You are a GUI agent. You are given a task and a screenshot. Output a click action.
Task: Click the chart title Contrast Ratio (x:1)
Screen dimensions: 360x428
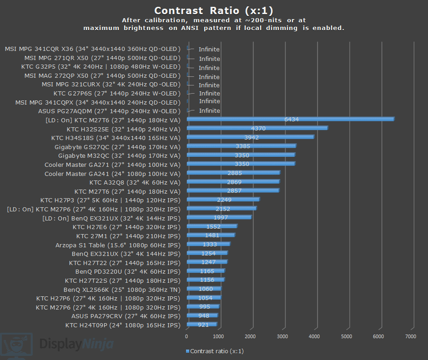point(214,10)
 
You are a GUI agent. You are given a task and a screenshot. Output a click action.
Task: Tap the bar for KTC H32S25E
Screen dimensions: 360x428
point(257,129)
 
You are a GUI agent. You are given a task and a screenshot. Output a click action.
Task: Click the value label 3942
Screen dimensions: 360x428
point(252,137)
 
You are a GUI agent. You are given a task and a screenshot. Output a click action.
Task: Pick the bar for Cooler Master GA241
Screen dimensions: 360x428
point(233,173)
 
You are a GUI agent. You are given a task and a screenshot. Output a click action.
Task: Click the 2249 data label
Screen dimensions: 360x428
point(224,200)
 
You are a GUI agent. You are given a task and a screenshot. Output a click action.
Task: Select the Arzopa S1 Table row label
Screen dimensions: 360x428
point(118,245)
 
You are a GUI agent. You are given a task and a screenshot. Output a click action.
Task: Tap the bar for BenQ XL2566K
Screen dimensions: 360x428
point(204,289)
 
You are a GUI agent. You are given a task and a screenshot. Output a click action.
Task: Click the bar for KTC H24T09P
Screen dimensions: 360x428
point(201,325)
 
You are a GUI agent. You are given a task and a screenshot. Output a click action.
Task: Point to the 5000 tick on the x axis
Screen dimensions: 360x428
point(347,336)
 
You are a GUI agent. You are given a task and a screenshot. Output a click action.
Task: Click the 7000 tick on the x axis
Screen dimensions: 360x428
point(411,336)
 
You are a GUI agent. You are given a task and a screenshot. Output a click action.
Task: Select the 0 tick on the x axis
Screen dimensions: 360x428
point(187,336)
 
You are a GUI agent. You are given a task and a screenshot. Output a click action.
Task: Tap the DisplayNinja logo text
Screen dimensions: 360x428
point(76,344)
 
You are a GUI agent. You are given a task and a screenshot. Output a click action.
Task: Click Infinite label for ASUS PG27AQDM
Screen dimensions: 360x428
point(209,110)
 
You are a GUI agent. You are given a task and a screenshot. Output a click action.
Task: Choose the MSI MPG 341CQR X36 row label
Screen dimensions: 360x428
point(93,49)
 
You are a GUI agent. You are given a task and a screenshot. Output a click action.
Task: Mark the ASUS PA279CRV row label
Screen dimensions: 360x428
point(126,316)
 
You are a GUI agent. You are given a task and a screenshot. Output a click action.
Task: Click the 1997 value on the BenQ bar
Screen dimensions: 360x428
point(221,218)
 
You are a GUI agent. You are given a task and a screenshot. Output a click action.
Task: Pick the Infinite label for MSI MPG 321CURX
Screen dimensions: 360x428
point(209,85)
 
